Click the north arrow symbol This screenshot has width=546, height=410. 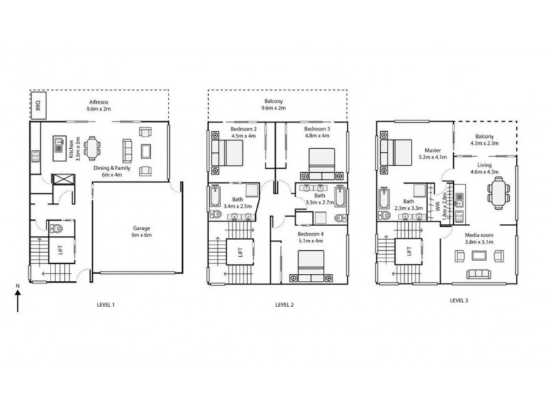point(18,299)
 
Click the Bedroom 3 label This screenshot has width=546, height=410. point(317,132)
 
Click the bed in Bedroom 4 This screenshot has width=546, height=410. point(311,265)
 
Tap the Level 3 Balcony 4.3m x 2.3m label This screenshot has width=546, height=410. point(485,139)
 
